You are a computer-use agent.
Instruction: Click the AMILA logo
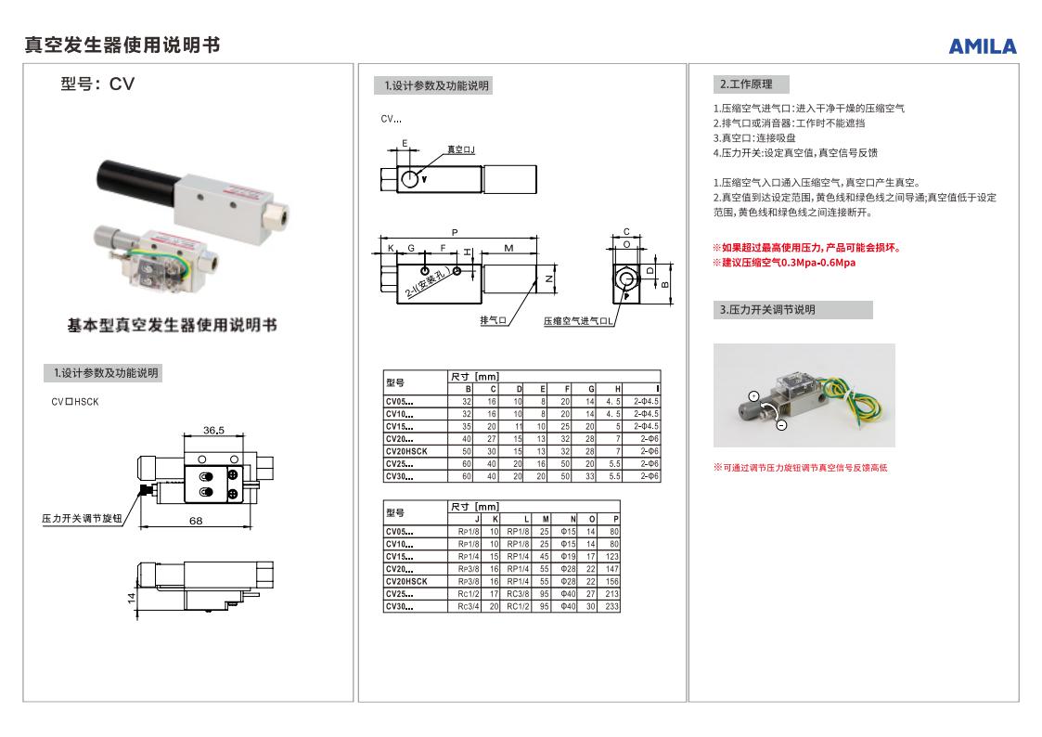pos(982,46)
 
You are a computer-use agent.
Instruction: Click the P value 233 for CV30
pos(614,607)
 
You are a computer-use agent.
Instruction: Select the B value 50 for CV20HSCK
pos(466,451)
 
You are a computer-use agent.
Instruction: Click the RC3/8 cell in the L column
pos(517,594)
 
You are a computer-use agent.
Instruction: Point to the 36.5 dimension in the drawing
pos(214,431)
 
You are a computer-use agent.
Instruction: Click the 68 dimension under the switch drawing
pos(196,521)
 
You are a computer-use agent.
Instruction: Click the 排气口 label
pos(493,320)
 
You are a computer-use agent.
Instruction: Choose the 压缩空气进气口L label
pos(579,320)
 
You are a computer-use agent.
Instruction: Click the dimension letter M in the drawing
pos(509,248)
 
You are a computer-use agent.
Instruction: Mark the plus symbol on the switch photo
pos(753,396)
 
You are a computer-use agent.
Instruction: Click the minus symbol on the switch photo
pos(780,424)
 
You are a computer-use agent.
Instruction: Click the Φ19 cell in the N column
pos(569,556)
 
